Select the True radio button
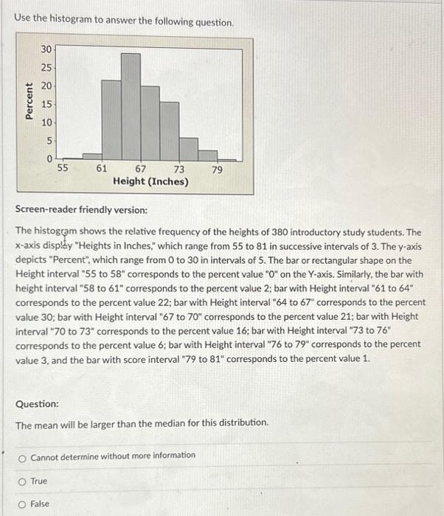(x=24, y=481)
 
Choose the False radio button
(x=24, y=504)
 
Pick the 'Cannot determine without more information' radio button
(x=24, y=456)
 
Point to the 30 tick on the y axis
(x=46, y=49)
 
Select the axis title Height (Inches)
(x=150, y=181)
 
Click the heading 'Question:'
(x=37, y=404)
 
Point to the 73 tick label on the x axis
(x=179, y=169)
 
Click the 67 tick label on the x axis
(x=140, y=169)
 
